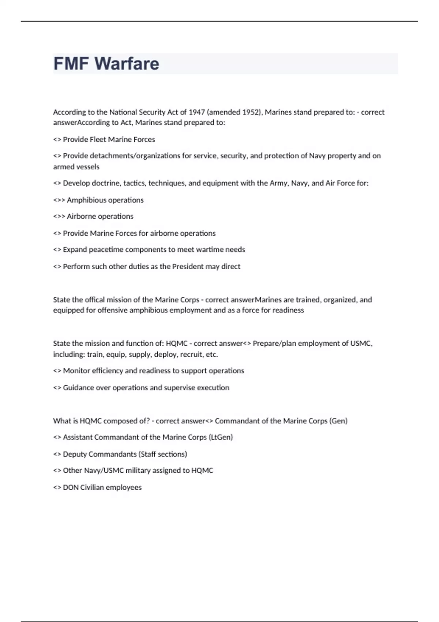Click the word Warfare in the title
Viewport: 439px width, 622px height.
pos(127,64)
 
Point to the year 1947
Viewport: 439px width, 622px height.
pos(197,112)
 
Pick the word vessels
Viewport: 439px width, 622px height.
pos(88,167)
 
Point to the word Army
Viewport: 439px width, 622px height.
pos(278,183)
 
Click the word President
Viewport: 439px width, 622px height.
pos(188,266)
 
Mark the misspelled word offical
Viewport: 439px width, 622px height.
pos(94,300)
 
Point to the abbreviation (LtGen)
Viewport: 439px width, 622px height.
pos(221,437)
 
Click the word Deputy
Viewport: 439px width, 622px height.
pos(74,454)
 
